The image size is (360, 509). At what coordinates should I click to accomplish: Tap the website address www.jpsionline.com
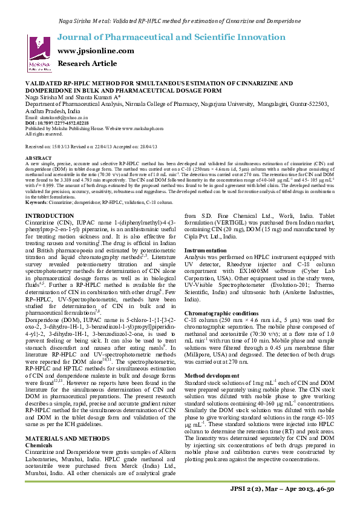[96, 51]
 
